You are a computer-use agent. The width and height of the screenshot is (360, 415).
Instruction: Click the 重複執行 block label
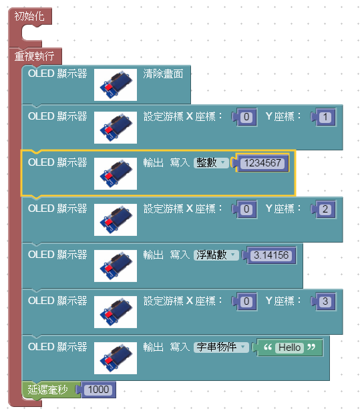tap(35, 56)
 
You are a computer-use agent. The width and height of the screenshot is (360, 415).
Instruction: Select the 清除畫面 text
tap(163, 74)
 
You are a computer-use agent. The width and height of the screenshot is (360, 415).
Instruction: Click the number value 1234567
tap(262, 162)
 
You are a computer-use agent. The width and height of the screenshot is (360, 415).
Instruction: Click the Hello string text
tap(289, 348)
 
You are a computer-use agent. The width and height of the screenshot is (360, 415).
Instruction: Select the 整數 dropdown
tap(210, 162)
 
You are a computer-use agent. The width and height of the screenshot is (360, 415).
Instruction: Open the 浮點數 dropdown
tap(216, 255)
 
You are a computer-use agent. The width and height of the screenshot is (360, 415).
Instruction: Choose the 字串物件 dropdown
tap(221, 348)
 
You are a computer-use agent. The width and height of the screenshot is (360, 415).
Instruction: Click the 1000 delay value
tap(98, 389)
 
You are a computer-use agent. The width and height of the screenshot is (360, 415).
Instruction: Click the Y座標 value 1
tap(325, 117)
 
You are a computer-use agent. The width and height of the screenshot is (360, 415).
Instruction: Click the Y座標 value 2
tap(325, 209)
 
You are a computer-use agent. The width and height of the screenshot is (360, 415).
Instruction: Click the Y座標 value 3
tap(325, 301)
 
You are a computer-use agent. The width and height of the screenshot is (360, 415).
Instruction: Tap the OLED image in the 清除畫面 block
tap(115, 85)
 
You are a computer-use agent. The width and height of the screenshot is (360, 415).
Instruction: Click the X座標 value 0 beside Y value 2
tap(246, 209)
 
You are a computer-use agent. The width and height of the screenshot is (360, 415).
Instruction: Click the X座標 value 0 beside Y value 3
tap(246, 301)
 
